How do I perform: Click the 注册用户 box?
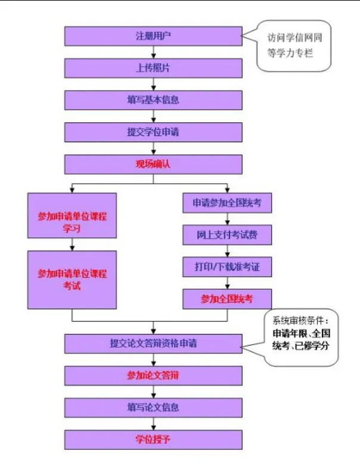pyautogui.click(x=153, y=36)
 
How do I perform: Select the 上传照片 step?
pyautogui.click(x=153, y=68)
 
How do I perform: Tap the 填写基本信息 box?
pyautogui.click(x=153, y=100)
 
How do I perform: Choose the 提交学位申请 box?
pyautogui.click(x=153, y=132)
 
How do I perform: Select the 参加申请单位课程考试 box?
pyautogui.click(x=72, y=279)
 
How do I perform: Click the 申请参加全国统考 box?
pyautogui.click(x=227, y=203)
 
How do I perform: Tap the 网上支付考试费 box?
pyautogui.click(x=227, y=235)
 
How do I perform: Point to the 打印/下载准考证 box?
pyautogui.click(x=227, y=267)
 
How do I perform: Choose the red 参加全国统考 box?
pyautogui.click(x=227, y=299)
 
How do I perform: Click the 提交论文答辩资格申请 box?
pyautogui.click(x=153, y=344)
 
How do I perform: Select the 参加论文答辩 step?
pyautogui.click(x=153, y=375)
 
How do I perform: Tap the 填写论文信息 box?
pyautogui.click(x=153, y=407)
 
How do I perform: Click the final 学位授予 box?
pyautogui.click(x=153, y=440)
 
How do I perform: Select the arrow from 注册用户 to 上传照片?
pyautogui.click(x=153, y=52)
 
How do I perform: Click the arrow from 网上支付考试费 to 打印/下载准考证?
pyautogui.click(x=227, y=251)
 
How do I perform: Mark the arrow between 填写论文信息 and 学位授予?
pyautogui.click(x=153, y=423)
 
